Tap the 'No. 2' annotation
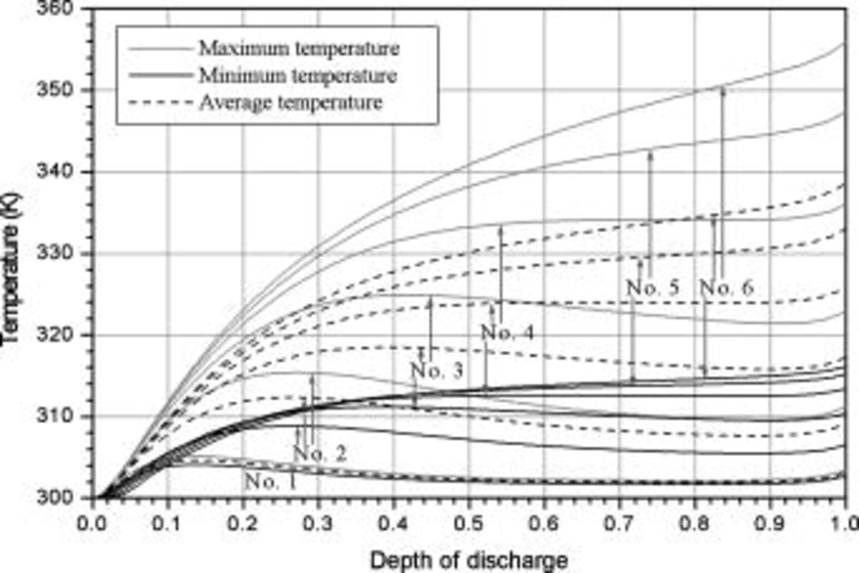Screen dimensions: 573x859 tap(320, 453)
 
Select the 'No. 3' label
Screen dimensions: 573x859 tap(437, 371)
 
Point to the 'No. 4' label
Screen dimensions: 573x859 tap(507, 332)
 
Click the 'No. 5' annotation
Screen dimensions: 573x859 tap(652, 288)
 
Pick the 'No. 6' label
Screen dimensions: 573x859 tap(726, 288)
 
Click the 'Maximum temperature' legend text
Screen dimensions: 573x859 tap(299, 48)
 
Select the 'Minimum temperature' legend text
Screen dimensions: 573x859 tap(298, 75)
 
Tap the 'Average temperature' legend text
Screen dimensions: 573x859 tap(291, 103)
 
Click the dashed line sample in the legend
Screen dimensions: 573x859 tap(161, 103)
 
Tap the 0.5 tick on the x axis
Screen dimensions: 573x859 tap(468, 523)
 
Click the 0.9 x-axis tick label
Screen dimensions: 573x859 tap(769, 523)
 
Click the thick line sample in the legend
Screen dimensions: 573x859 tap(161, 75)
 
